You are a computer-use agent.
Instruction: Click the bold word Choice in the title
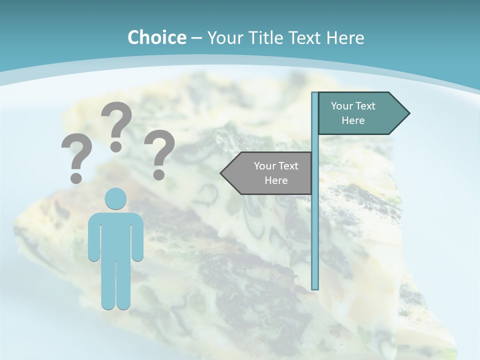[x=156, y=37]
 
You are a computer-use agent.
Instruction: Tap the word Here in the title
[x=345, y=37]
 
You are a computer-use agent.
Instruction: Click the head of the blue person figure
[x=116, y=199]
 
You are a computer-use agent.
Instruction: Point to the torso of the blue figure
[x=116, y=235]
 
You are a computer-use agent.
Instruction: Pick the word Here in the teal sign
[x=353, y=120]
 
